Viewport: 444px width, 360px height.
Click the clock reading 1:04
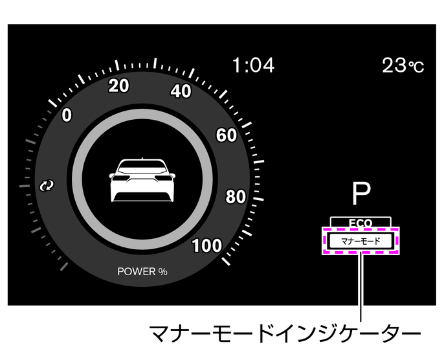point(253,65)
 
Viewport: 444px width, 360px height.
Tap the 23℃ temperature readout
point(403,65)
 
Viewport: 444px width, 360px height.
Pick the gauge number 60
point(226,135)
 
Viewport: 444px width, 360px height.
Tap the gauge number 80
point(235,197)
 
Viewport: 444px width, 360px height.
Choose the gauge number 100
point(207,245)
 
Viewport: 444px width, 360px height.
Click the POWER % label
point(142,271)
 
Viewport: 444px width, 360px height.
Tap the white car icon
point(141,179)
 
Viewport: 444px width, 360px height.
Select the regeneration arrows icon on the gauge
point(46,186)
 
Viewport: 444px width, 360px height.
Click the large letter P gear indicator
point(361,193)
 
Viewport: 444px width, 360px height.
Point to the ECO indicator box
point(360,222)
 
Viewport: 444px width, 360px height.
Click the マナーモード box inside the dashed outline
point(360,241)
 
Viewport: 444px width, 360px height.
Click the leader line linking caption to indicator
point(361,288)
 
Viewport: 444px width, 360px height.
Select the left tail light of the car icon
point(122,176)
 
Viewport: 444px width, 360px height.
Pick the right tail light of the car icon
point(161,176)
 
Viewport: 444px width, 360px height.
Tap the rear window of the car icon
point(141,166)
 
